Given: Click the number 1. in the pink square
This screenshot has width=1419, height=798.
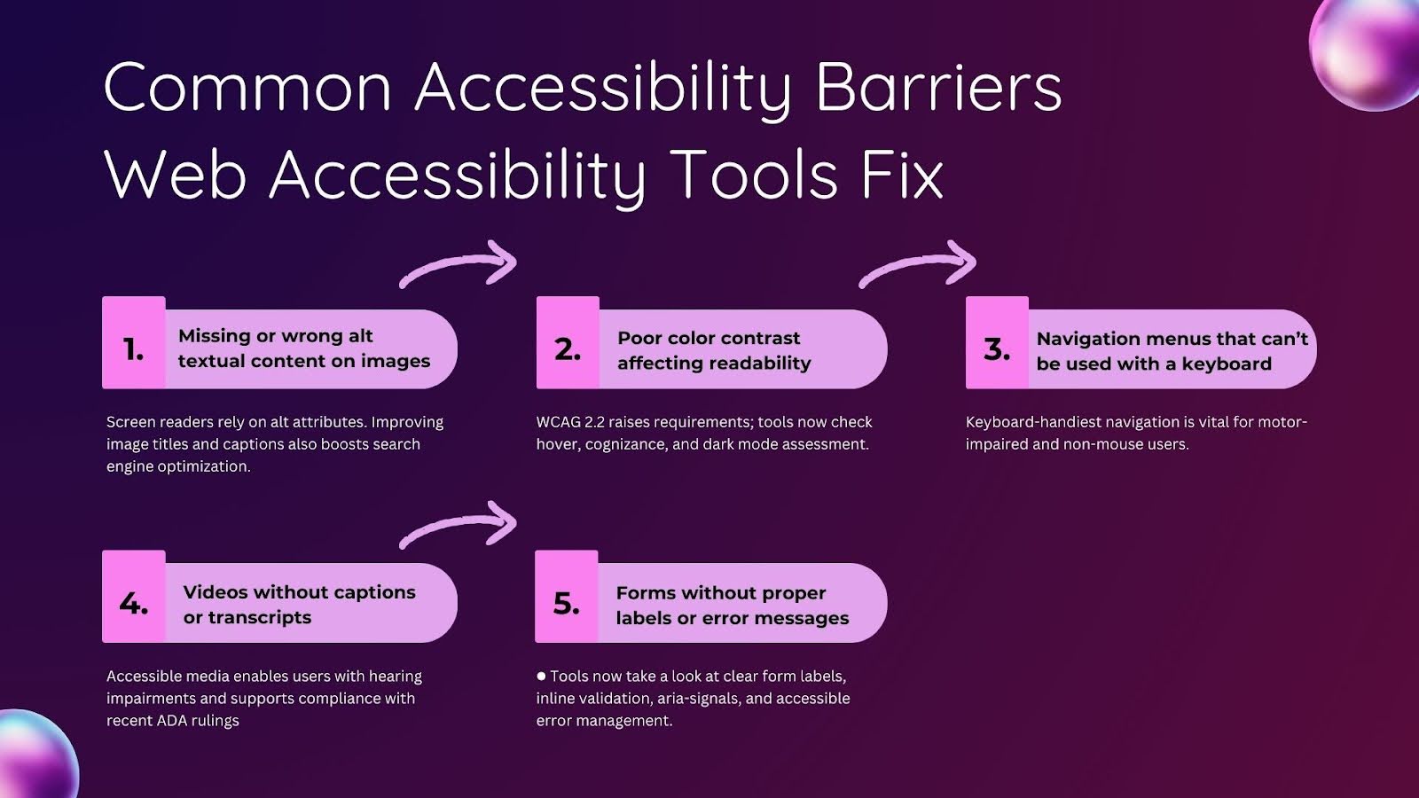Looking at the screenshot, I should click(x=133, y=349).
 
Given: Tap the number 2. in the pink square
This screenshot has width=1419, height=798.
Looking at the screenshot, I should click(x=568, y=349).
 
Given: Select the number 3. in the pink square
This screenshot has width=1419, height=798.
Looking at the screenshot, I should click(x=997, y=349).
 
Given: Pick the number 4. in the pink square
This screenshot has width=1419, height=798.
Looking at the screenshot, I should click(x=133, y=604).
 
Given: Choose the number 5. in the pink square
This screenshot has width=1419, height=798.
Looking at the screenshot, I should click(x=566, y=604).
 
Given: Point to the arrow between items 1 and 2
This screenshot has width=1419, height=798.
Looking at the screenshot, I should click(x=459, y=264).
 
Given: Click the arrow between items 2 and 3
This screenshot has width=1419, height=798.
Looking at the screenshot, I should click(x=919, y=264).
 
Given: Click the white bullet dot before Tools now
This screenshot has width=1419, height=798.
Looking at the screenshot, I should click(x=541, y=676).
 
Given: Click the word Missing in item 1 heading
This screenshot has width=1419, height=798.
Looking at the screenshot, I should click(x=214, y=336).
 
